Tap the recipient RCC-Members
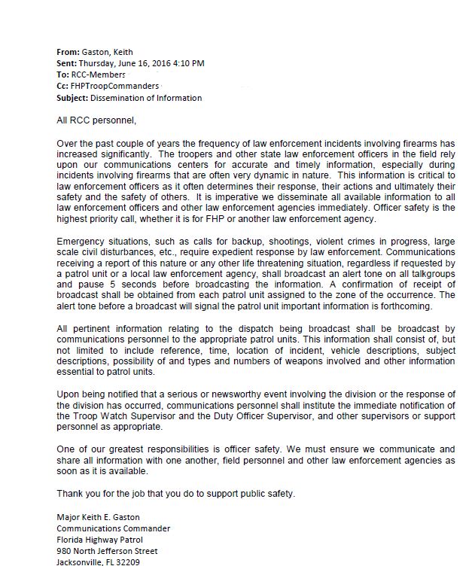point(97,75)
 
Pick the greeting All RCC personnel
point(97,120)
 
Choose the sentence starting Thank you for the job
point(176,494)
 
